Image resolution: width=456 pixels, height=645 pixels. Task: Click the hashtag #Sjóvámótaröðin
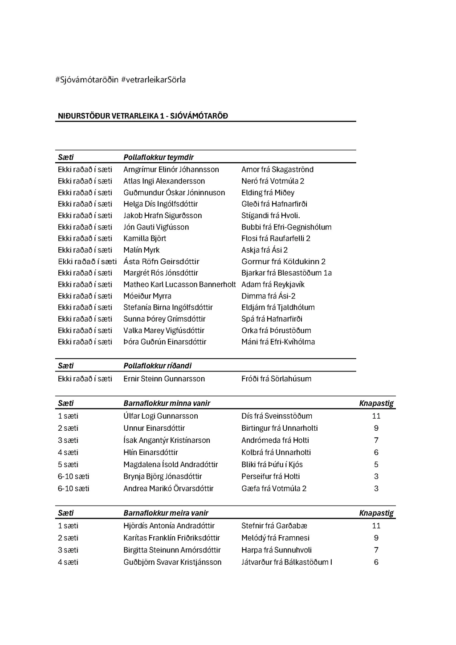click(87, 80)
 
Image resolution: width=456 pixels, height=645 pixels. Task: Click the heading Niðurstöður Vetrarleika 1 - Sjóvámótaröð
click(142, 116)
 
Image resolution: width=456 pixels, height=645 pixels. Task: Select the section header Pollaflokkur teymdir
click(158, 157)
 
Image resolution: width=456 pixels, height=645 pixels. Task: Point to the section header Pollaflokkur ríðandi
click(157, 366)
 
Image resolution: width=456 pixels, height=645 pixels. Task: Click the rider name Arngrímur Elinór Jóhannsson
click(171, 169)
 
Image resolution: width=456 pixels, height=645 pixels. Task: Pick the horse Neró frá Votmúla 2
click(273, 181)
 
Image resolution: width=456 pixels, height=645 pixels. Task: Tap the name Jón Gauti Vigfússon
click(156, 227)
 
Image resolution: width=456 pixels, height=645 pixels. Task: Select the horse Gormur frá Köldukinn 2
click(283, 261)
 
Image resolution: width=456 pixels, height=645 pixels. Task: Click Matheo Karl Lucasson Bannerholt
click(179, 284)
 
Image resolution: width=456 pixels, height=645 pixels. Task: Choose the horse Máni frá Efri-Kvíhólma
click(278, 342)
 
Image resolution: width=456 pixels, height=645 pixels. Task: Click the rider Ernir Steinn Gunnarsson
click(164, 379)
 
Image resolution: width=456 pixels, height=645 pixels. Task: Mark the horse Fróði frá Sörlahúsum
click(276, 379)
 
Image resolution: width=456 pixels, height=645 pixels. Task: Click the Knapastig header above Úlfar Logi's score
click(376, 403)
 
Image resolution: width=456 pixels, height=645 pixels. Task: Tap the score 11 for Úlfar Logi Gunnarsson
click(376, 416)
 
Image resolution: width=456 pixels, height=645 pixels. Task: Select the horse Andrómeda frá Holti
click(275, 440)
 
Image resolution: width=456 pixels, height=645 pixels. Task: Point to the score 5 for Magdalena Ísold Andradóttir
click(376, 464)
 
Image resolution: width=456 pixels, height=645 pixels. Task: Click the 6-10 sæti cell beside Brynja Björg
click(73, 476)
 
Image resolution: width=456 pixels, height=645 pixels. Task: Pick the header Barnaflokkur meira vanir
click(166, 513)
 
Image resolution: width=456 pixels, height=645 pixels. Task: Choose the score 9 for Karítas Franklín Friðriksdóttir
click(376, 538)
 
